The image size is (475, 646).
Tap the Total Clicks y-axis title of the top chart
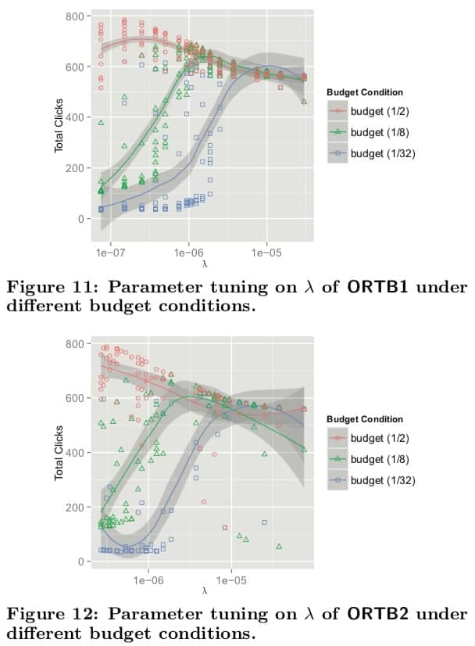click(x=59, y=129)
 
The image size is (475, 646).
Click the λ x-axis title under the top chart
click(x=204, y=264)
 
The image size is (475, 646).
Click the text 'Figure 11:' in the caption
click(x=45, y=286)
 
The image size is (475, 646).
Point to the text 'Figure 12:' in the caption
click(x=45, y=614)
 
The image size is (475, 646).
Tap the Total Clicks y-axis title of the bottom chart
click(x=59, y=458)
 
